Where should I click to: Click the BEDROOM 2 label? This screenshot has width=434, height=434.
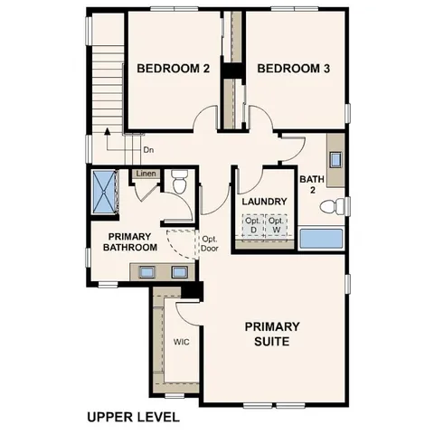point(173,69)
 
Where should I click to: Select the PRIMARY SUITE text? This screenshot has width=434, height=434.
point(272,334)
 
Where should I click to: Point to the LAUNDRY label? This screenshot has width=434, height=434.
point(264,201)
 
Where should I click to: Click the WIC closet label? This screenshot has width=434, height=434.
point(181,343)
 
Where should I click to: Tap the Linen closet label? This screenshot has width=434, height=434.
point(146,174)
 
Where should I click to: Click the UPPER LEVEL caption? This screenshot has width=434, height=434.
point(134,417)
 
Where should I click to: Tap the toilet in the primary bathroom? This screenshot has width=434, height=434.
point(178,184)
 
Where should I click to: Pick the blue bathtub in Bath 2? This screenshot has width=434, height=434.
point(322,240)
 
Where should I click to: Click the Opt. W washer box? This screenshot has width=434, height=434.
point(277,224)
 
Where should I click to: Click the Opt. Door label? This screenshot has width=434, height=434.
point(211,243)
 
